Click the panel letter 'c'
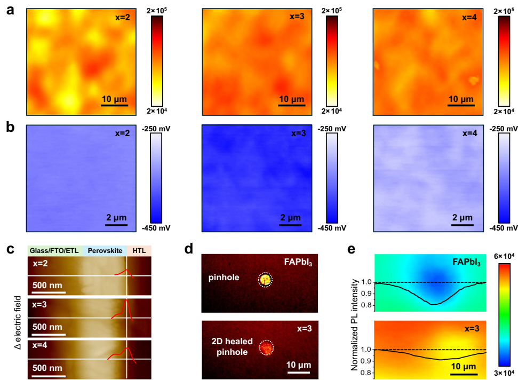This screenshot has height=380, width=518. tap(9, 249)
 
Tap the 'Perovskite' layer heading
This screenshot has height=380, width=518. tap(105, 250)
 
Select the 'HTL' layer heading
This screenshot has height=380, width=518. tap(139, 250)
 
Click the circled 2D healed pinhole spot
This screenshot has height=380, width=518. tap(266, 348)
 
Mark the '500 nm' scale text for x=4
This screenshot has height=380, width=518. tap(46, 368)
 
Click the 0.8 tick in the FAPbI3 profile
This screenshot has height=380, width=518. tap(366, 305)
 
